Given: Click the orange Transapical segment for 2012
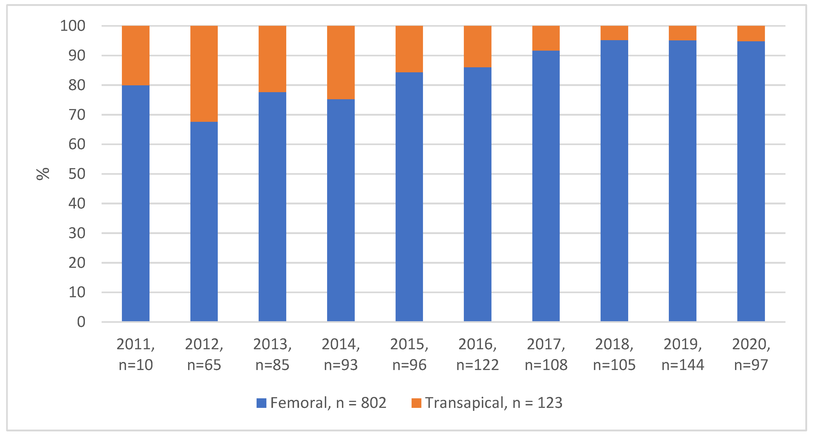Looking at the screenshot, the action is click(x=204, y=74).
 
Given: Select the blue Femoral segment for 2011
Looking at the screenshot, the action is click(x=136, y=203).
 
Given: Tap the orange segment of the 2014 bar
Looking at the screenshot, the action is click(x=341, y=63).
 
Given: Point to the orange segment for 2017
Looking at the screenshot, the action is click(x=546, y=38).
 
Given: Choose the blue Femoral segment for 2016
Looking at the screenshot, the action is click(x=478, y=195).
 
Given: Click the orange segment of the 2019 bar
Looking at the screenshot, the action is click(x=683, y=33).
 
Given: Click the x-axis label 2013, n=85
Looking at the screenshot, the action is click(x=272, y=354).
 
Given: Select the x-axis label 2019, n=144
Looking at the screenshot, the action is click(x=683, y=354).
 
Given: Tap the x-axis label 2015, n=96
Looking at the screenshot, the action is click(x=409, y=354).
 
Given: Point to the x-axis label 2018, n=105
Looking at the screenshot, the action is click(x=614, y=354).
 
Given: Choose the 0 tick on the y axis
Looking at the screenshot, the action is click(x=81, y=322).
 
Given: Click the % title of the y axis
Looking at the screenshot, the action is click(x=43, y=174).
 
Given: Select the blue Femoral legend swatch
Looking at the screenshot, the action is click(x=261, y=403).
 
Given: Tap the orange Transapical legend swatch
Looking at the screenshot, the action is click(x=416, y=403).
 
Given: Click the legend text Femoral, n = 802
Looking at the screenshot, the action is click(x=328, y=403).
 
